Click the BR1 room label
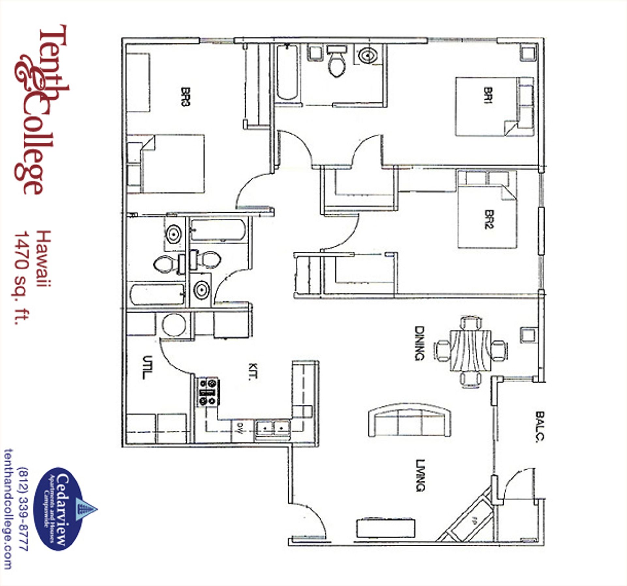coord(489,95)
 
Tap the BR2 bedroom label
coord(489,219)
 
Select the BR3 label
coord(185,96)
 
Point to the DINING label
coord(419,343)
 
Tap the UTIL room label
coord(147,367)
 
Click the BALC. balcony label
coord(539,426)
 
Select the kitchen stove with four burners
coord(208,392)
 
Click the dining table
coord(471,350)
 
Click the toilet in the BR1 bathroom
coord(336,62)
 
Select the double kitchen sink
coord(273,427)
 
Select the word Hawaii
coord(44,258)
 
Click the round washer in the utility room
coord(174,325)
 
